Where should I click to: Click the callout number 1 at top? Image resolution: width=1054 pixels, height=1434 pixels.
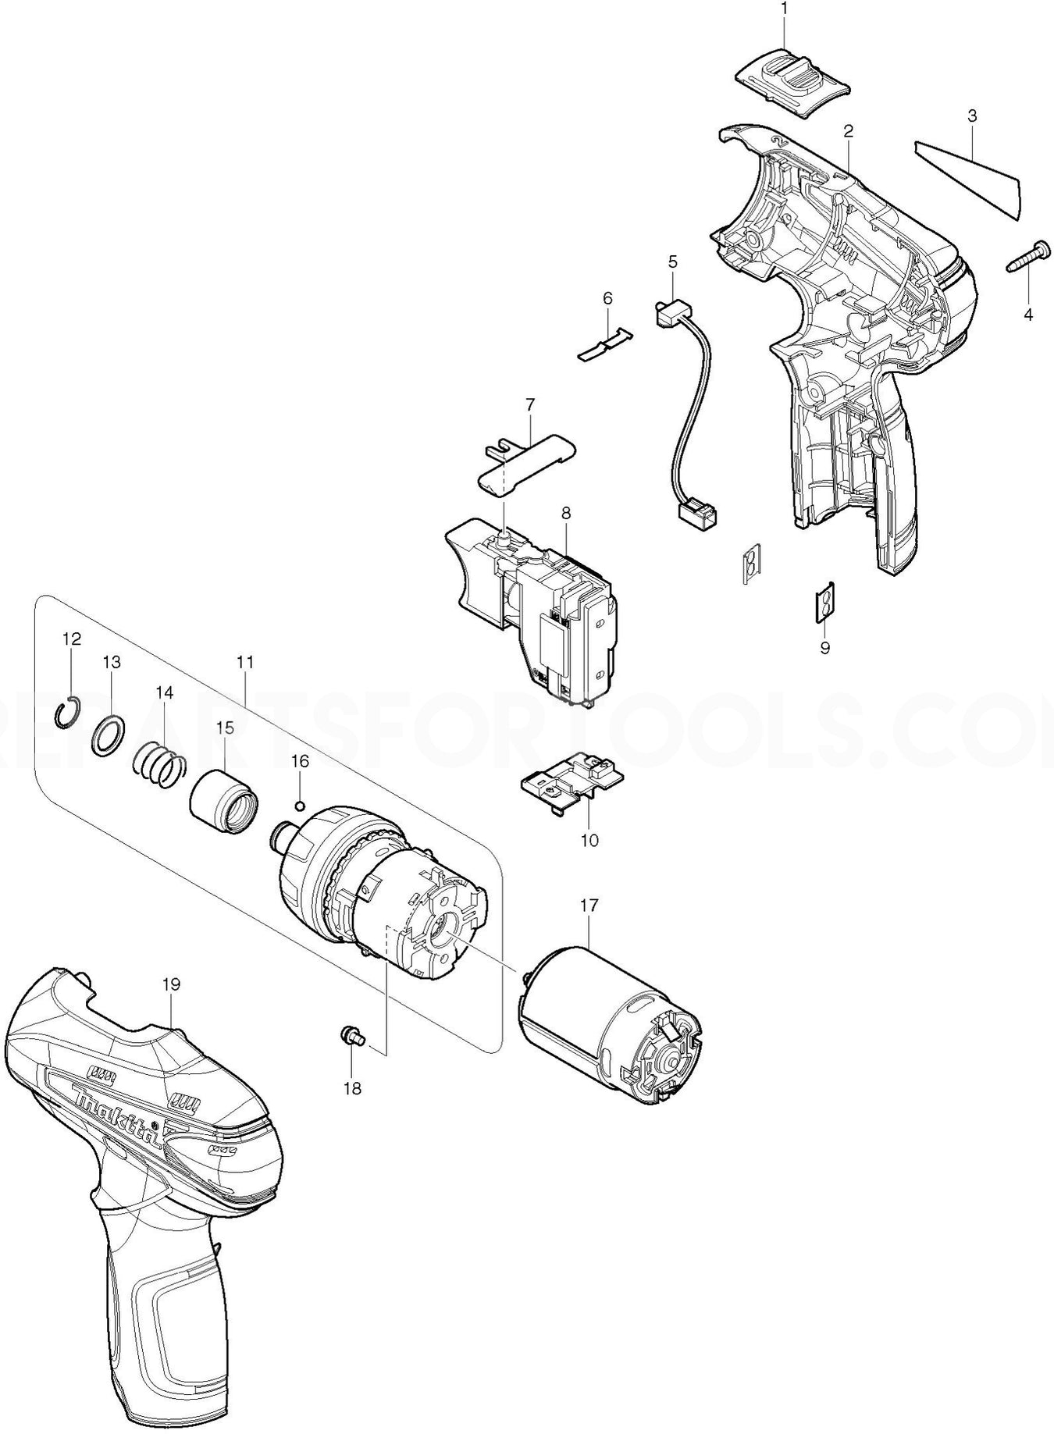785,9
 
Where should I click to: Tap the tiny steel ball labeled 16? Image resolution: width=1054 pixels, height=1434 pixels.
300,805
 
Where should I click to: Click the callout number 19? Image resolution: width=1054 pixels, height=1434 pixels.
171,984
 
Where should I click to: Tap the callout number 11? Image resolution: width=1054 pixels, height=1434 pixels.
244,662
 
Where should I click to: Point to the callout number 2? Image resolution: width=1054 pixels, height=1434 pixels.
847,131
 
